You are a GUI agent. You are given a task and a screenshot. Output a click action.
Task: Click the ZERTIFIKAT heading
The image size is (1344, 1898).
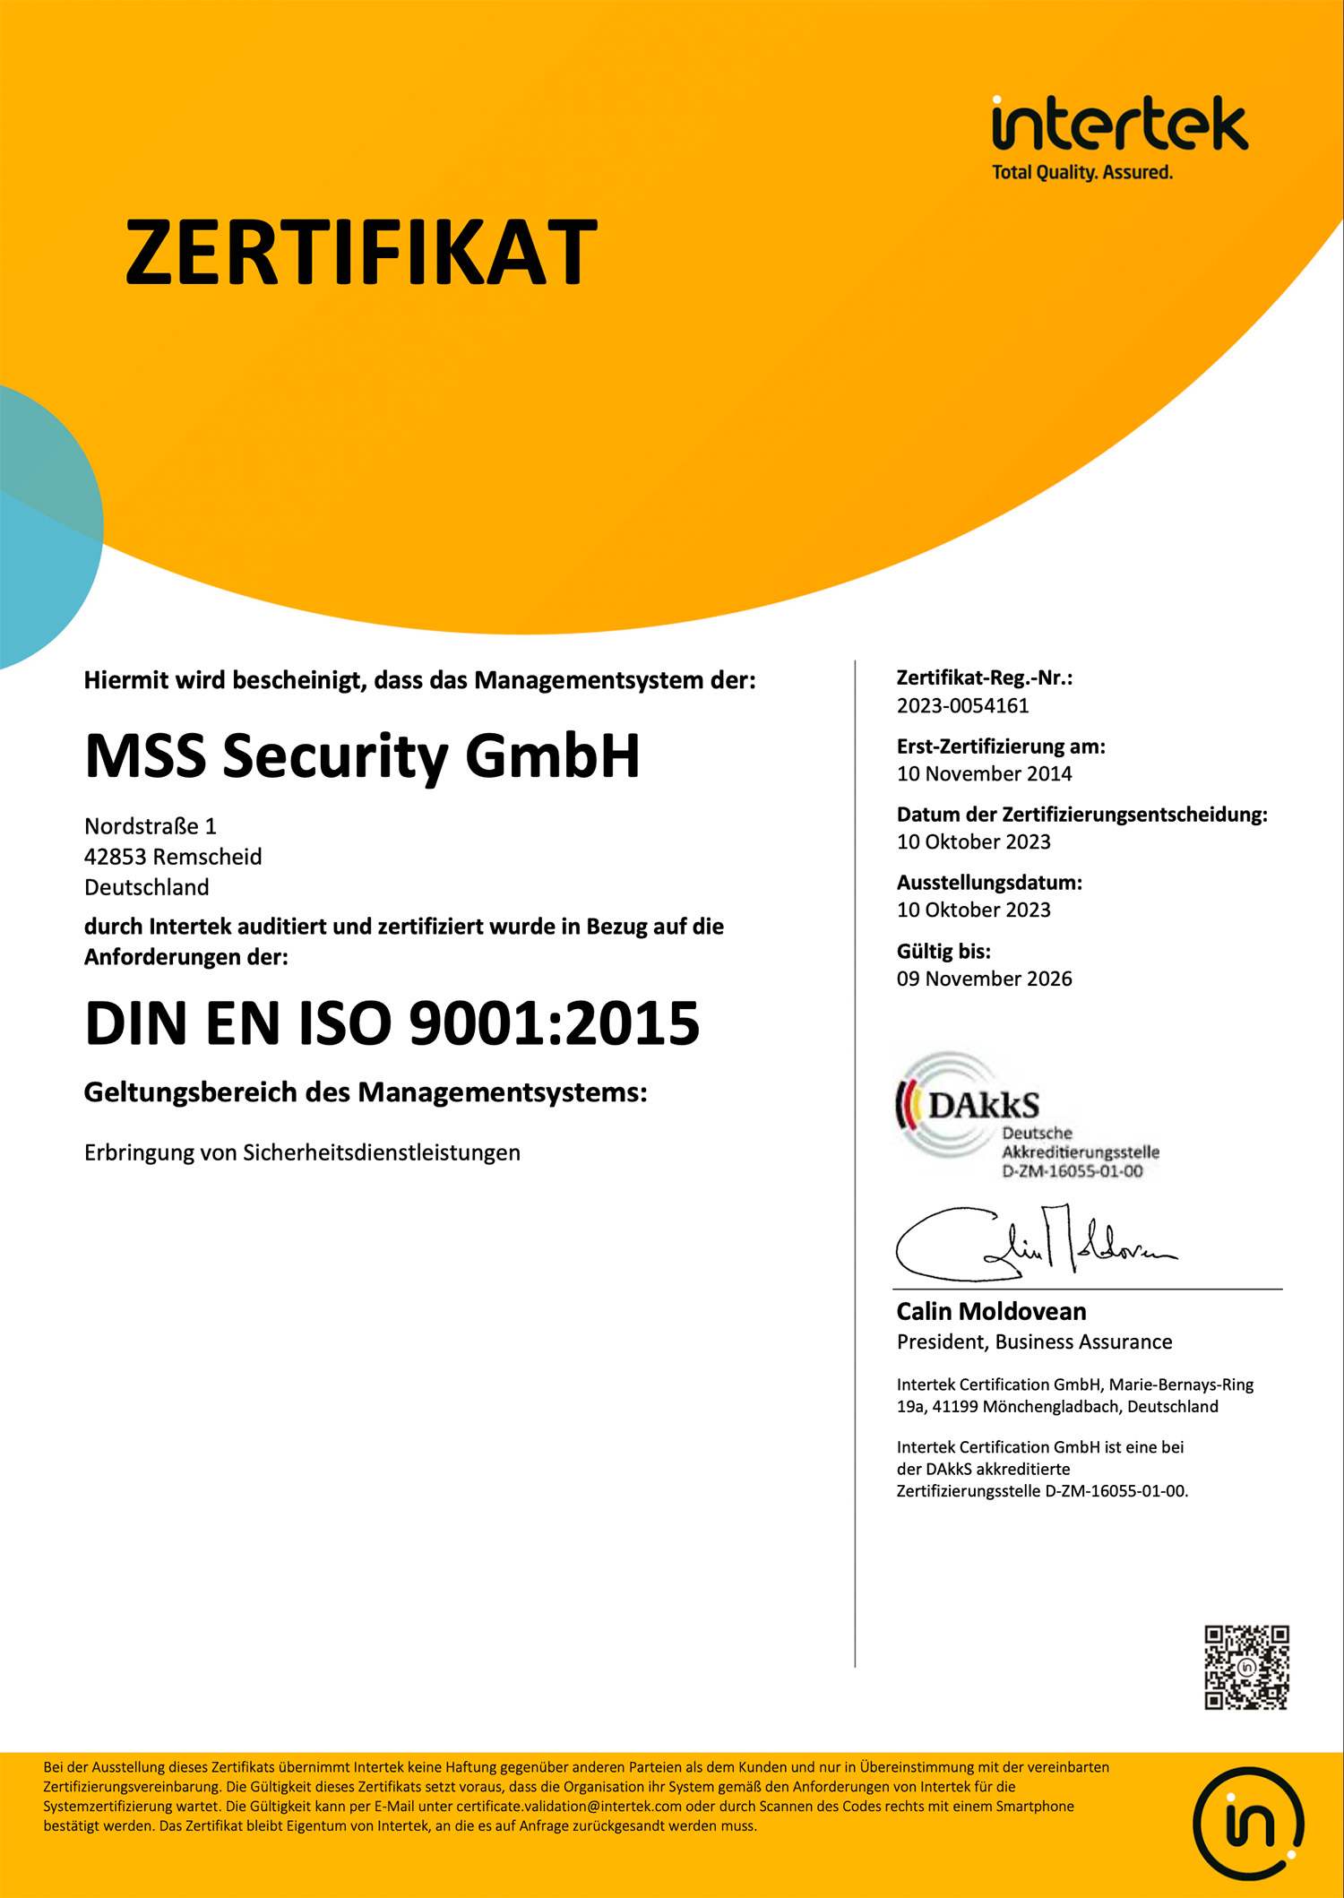(x=361, y=254)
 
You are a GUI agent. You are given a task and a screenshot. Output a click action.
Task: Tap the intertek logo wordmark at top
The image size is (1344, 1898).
(x=1119, y=125)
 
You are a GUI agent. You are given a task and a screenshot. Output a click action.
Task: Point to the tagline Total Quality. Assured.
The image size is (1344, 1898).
(x=1081, y=172)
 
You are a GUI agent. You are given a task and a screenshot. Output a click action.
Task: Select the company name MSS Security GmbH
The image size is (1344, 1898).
(x=362, y=756)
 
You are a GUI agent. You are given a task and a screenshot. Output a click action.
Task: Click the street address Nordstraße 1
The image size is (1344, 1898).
(x=151, y=826)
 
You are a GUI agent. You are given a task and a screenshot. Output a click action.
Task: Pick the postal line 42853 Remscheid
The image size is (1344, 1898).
(x=173, y=857)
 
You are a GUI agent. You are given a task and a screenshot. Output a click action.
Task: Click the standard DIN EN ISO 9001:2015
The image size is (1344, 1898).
(x=392, y=1023)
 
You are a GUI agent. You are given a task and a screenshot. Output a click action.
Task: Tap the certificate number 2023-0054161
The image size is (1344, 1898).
(x=963, y=706)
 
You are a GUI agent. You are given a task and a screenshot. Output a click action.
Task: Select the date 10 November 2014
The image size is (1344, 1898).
(x=984, y=774)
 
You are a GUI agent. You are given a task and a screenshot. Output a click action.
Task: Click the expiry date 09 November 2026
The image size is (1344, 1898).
(x=984, y=979)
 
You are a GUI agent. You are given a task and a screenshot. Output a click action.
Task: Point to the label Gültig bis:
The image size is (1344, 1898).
(x=943, y=952)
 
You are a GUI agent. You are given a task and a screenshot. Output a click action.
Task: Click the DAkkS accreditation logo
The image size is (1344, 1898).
(x=1027, y=1117)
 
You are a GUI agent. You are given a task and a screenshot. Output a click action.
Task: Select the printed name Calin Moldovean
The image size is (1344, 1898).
(x=991, y=1312)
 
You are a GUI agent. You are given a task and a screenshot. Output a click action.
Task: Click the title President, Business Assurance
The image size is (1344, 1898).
(x=1034, y=1342)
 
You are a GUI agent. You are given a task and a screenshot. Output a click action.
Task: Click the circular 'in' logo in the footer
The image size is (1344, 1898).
(x=1247, y=1824)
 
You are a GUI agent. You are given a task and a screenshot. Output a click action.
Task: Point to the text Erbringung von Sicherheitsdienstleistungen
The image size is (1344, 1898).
(x=302, y=1153)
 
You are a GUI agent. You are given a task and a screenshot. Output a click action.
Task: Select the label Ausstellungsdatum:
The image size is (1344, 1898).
(x=989, y=883)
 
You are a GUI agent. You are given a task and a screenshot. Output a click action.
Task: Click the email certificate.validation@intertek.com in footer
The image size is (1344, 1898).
(x=569, y=1807)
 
